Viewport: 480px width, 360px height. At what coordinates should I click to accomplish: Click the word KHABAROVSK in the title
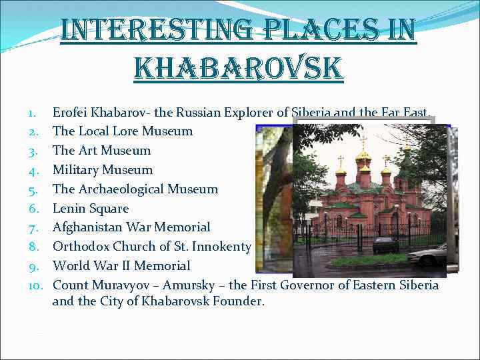coord(239,68)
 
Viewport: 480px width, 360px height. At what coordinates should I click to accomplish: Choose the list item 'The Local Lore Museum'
coord(122,131)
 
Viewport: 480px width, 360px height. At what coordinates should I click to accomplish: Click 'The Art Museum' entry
coord(101,151)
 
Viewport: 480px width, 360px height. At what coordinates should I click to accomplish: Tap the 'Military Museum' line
coord(102,170)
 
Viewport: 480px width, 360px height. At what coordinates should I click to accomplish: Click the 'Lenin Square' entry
coord(90,209)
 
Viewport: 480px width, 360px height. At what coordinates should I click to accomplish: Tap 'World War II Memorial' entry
coord(121,266)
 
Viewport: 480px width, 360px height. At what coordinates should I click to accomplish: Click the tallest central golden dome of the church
coord(363,156)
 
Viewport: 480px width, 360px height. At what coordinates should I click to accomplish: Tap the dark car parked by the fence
coord(385,245)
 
